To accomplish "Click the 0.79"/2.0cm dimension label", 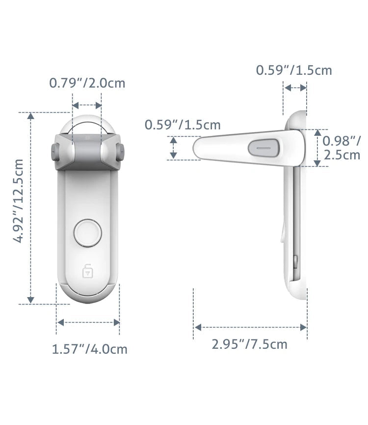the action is coord(87,83).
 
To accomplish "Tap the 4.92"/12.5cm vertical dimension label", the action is coord(18,201).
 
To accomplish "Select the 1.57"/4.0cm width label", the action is coord(89,349).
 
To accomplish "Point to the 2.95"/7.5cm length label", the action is coord(249,344).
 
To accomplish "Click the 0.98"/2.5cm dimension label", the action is coord(342,148).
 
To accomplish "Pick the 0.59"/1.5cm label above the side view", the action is coord(294,70).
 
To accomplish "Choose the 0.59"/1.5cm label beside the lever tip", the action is coord(183,125).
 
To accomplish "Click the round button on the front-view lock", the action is coord(88,233).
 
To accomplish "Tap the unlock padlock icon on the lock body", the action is coord(87,271).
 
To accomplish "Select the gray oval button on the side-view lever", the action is coord(263,148).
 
